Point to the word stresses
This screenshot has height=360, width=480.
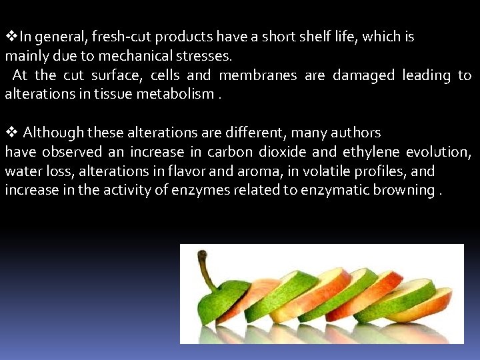[x=207, y=57]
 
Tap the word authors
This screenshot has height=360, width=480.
[x=356, y=133]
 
